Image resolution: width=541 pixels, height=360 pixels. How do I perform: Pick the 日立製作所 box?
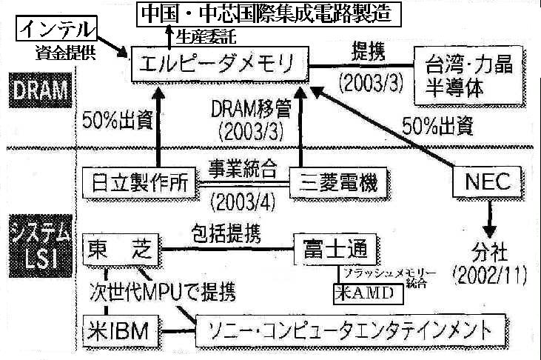click(x=140, y=180)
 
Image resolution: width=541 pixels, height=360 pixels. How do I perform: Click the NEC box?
click(x=488, y=179)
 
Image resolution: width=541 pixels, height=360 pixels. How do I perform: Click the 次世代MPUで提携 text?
click(x=161, y=291)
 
